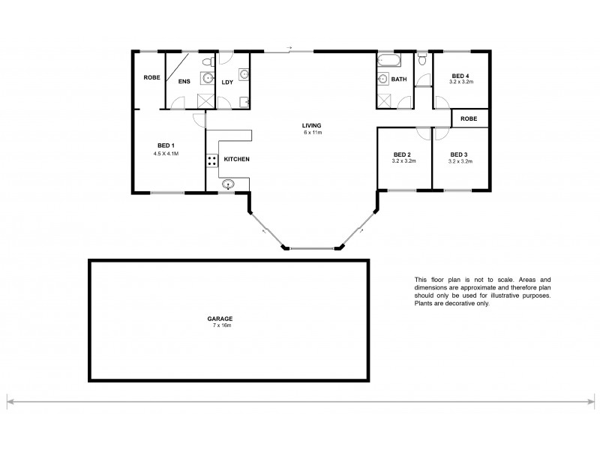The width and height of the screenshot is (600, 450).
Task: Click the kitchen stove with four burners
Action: [x=212, y=160]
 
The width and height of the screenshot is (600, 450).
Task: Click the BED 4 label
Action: [x=460, y=75]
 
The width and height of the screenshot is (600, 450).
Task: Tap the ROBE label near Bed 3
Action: [x=469, y=118]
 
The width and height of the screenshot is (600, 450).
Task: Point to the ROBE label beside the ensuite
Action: [x=152, y=77]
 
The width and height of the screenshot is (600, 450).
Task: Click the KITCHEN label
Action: [x=237, y=159]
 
